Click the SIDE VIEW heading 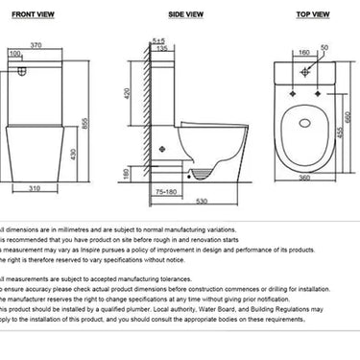(x=185, y=15)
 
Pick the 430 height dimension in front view (x=73, y=154)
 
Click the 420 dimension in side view (x=127, y=94)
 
